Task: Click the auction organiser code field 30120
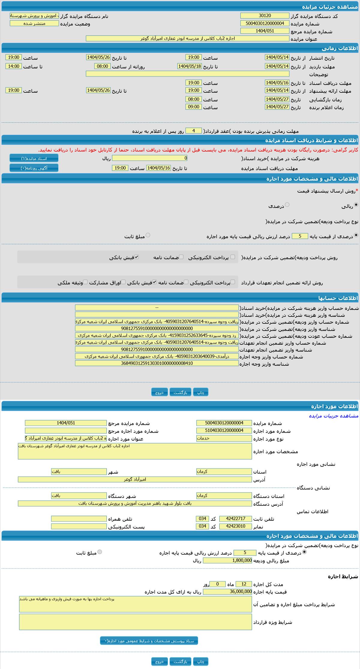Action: (265, 16)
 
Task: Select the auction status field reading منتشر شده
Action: (34, 23)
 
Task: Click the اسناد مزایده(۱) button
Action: (34, 158)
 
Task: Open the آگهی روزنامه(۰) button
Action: (34, 168)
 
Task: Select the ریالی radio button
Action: (356, 205)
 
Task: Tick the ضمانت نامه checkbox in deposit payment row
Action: (181, 257)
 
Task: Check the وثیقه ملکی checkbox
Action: (85, 282)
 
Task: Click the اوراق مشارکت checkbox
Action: (123, 282)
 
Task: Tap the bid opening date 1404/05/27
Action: (277, 99)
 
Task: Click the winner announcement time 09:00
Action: (193, 107)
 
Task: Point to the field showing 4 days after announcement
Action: (193, 131)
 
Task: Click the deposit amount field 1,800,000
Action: (228, 560)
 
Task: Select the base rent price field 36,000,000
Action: (228, 592)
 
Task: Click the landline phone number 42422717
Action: (235, 519)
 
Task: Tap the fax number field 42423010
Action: (235, 526)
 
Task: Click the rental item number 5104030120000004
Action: (224, 430)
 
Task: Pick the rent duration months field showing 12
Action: (244, 584)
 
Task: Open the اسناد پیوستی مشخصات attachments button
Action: (149, 641)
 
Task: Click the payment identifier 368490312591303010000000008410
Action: (157, 363)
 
